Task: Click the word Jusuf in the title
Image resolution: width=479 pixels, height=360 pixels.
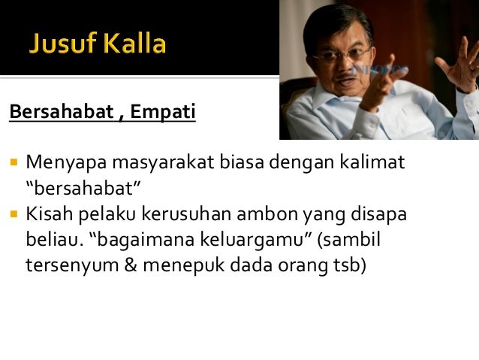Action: tap(62, 44)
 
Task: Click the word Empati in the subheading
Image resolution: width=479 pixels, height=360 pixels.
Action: tap(163, 113)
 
